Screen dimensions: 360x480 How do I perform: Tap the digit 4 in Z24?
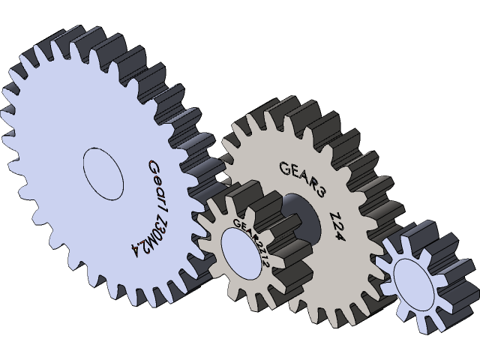pyautogui.click(x=355, y=239)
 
